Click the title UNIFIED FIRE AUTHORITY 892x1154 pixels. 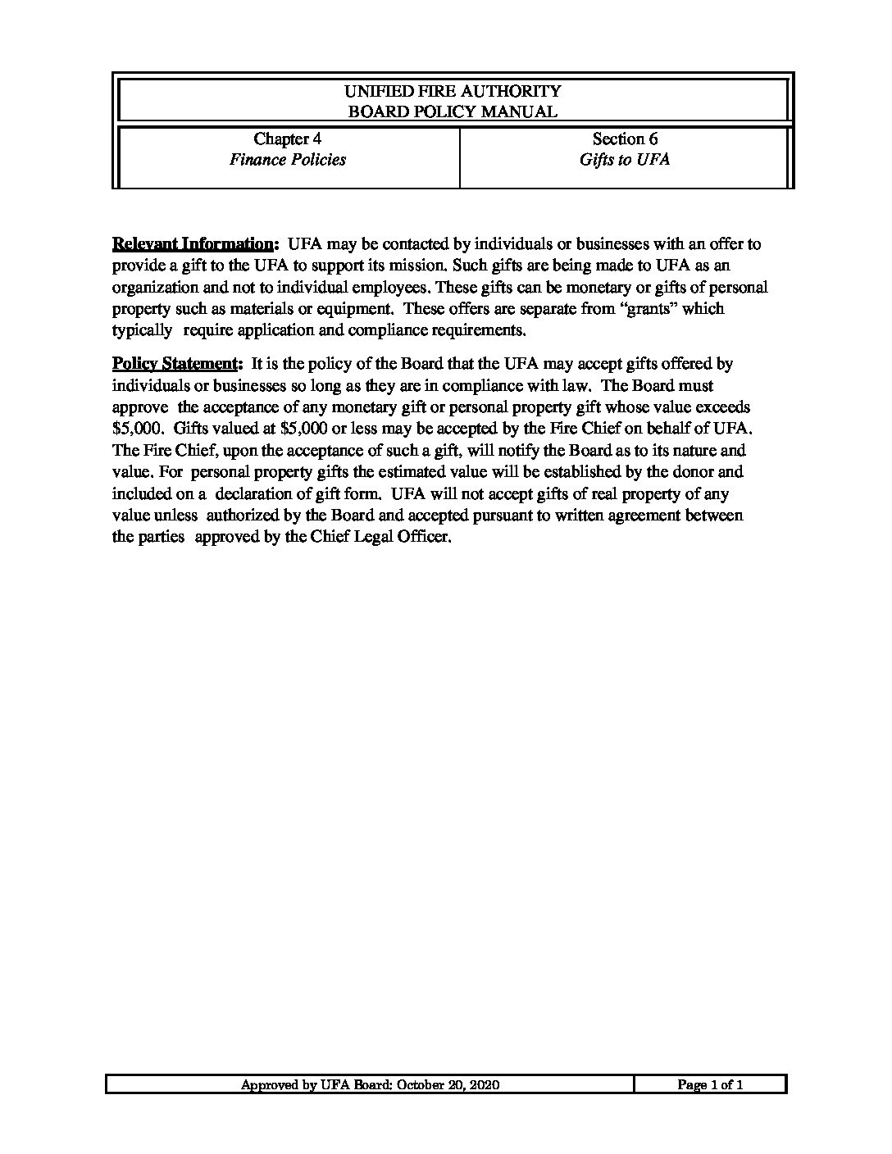tap(453, 91)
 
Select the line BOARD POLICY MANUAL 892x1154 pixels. tap(453, 112)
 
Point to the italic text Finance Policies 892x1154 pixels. tap(287, 160)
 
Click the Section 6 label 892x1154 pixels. tap(625, 139)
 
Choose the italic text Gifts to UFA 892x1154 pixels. tap(625, 160)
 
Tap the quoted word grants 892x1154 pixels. tap(649, 309)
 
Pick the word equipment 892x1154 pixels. tap(357, 309)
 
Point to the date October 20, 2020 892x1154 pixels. tap(448, 1085)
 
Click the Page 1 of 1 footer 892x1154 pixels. tap(710, 1085)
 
